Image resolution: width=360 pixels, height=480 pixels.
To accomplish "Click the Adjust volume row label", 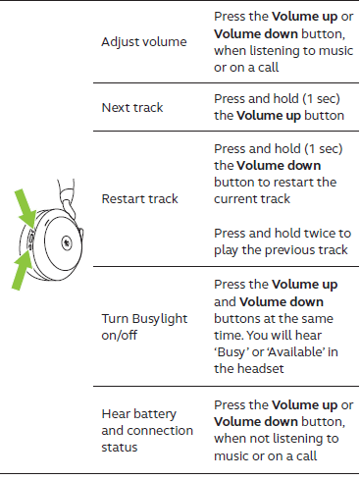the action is click(x=144, y=42).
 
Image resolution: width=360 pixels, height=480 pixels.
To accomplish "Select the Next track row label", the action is click(x=132, y=108).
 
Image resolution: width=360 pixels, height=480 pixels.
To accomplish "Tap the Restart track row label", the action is click(x=139, y=199).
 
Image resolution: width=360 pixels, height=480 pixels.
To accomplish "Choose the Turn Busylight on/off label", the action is click(x=144, y=327).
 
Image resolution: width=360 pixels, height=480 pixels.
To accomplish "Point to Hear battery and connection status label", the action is click(x=147, y=431).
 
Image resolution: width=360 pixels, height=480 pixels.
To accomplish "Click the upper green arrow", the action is click(x=26, y=208).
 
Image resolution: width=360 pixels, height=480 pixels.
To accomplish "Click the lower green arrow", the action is click(x=23, y=271).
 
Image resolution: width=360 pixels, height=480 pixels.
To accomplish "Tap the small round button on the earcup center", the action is click(x=67, y=242).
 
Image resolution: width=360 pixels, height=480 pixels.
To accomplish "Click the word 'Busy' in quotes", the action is click(x=231, y=352).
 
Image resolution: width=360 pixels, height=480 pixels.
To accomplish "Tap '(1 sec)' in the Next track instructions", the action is click(x=321, y=99).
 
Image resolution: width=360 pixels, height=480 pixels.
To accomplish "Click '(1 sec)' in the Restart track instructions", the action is click(x=324, y=149).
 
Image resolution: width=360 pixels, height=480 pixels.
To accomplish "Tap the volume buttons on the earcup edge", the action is click(x=30, y=240).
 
